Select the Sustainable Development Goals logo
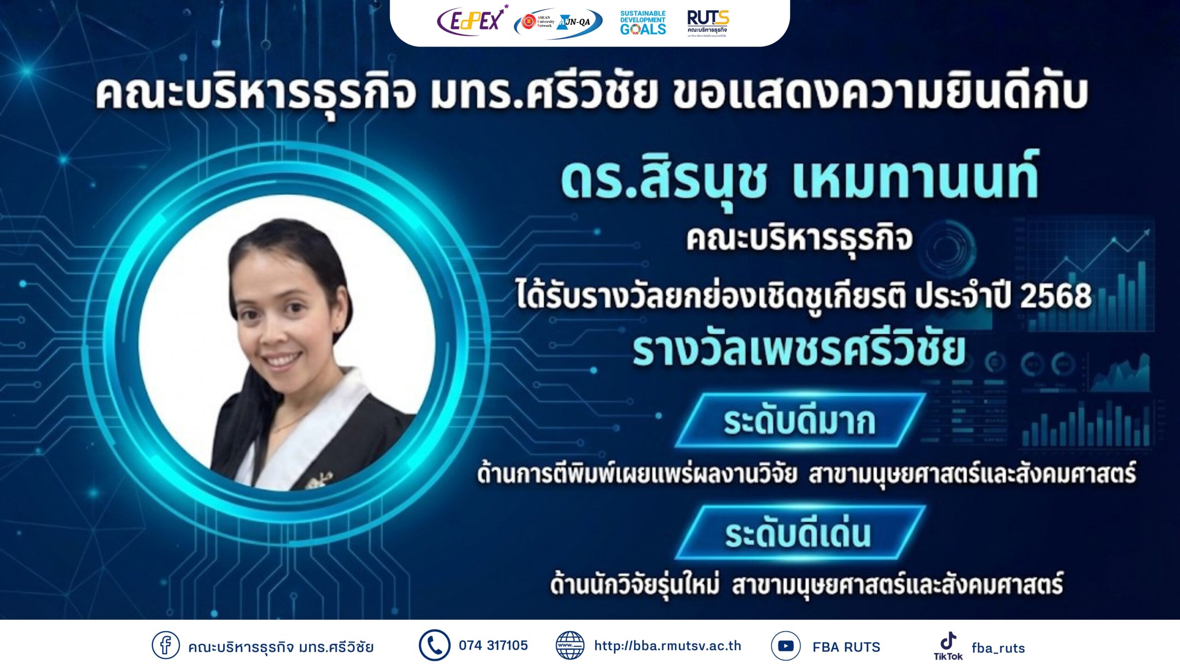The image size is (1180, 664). pyautogui.click(x=643, y=23)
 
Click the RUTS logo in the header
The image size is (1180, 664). pyautogui.click(x=708, y=23)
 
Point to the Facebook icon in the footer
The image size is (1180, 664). pyautogui.click(x=165, y=645)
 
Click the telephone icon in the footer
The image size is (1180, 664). pyautogui.click(x=434, y=645)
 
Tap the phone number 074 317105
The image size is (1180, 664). pyautogui.click(x=493, y=645)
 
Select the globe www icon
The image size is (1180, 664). pyautogui.click(x=570, y=645)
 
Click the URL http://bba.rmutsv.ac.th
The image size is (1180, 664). pyautogui.click(x=667, y=646)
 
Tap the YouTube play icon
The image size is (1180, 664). pyautogui.click(x=785, y=646)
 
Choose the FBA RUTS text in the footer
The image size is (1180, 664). pyautogui.click(x=846, y=647)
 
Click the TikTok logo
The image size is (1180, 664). pyautogui.click(x=948, y=646)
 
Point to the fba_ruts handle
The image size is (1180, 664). pyautogui.click(x=998, y=648)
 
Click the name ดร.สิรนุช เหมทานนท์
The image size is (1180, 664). pyautogui.click(x=800, y=180)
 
